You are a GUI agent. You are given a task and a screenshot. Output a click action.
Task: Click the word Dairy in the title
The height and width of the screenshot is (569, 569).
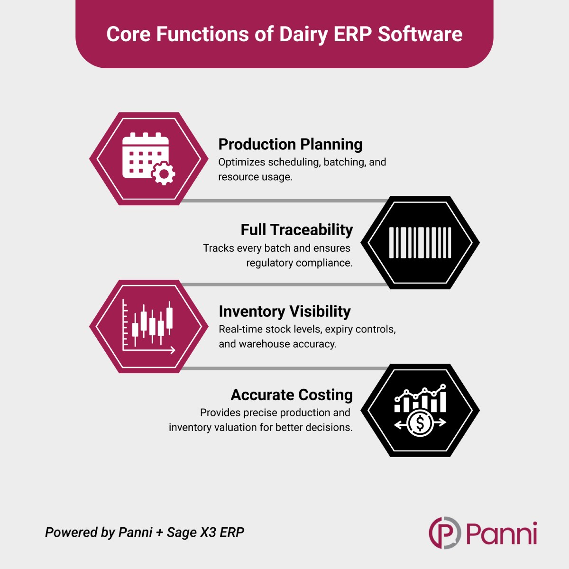(x=303, y=35)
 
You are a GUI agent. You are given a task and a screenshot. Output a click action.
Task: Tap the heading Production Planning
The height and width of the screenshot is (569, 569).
(x=290, y=145)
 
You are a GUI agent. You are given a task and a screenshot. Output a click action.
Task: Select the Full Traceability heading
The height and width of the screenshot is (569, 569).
(x=297, y=229)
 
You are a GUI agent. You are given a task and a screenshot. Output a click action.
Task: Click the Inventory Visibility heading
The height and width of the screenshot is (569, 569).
(x=284, y=311)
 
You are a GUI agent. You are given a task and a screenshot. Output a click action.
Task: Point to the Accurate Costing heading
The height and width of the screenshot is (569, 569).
(x=292, y=395)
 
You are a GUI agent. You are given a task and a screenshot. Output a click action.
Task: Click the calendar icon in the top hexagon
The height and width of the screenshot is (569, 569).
(x=148, y=159)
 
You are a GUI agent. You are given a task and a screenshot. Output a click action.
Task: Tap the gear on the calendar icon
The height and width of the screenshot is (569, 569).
(x=163, y=174)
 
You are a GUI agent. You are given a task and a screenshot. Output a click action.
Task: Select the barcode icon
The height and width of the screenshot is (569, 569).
(x=420, y=243)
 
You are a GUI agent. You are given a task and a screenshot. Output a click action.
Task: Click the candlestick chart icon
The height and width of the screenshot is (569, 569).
(x=148, y=326)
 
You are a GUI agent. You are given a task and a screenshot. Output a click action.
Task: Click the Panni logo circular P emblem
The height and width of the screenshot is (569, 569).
(x=445, y=533)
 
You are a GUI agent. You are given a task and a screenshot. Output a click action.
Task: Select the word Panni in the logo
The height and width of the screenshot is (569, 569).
(x=501, y=533)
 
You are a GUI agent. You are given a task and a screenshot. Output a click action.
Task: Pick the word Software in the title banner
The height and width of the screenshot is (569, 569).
(x=420, y=34)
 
